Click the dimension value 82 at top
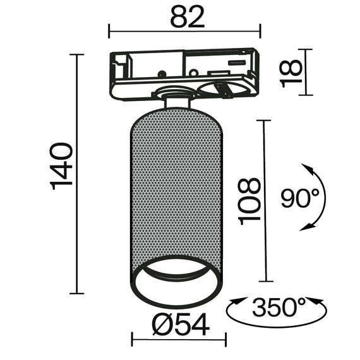[187, 17]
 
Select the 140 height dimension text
[61, 166]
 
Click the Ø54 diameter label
[181, 325]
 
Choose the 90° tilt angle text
[300, 198]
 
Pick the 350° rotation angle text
[279, 307]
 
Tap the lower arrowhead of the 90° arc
[307, 226]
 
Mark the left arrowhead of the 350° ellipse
[238, 301]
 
